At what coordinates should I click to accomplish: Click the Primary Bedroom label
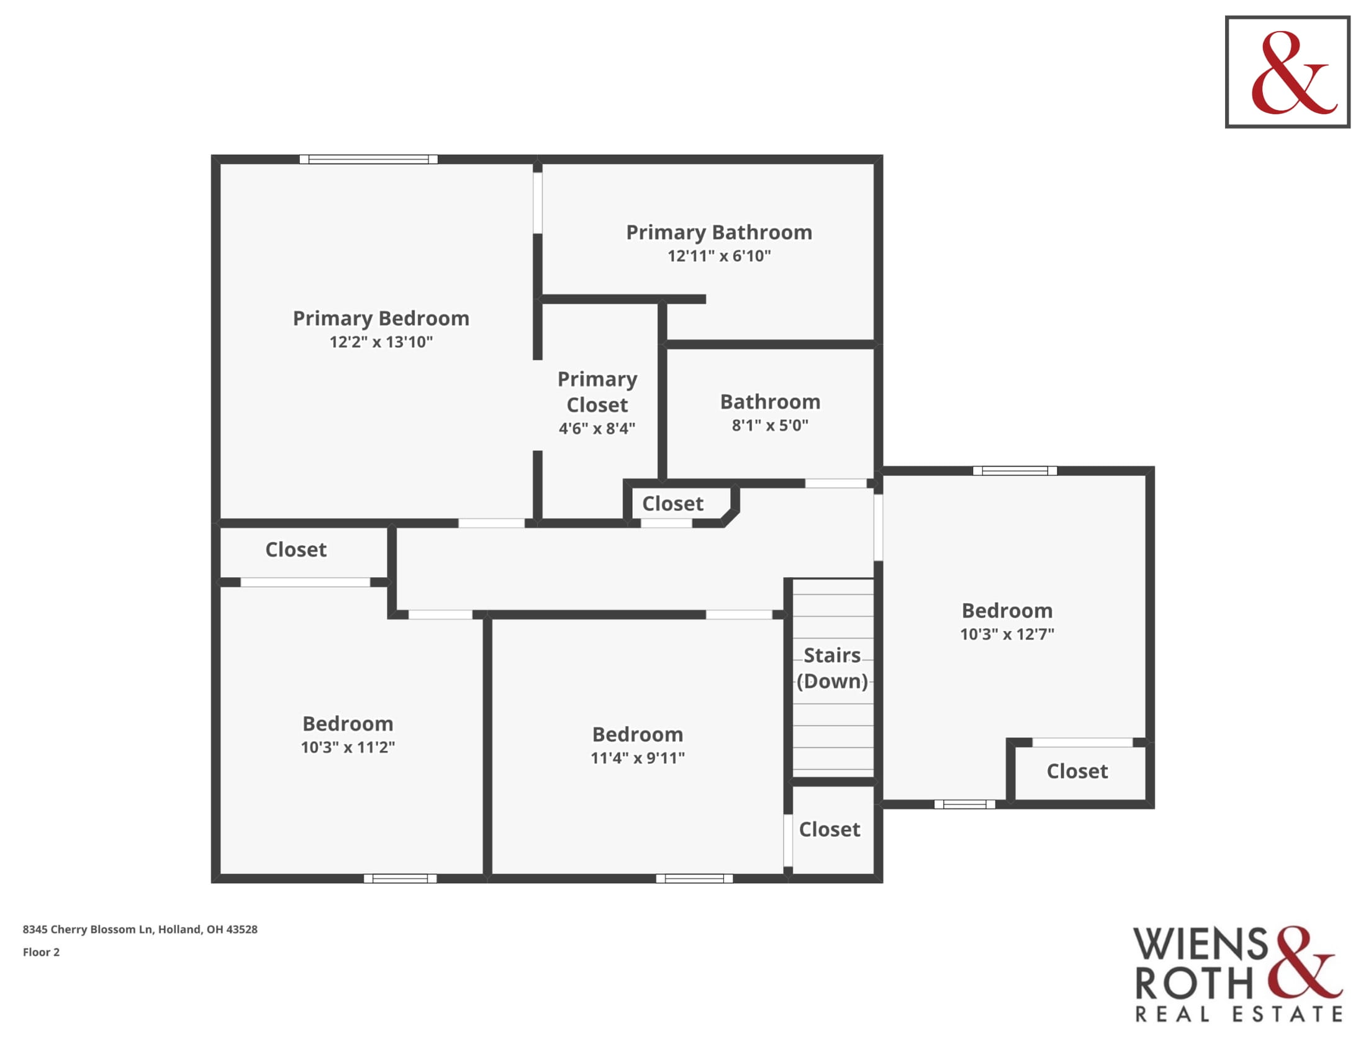tap(381, 319)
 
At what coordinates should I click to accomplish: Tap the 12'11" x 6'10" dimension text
tap(719, 256)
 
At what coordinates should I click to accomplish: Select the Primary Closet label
tap(597, 391)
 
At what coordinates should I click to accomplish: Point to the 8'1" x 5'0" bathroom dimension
tap(770, 426)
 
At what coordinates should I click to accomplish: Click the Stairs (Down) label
tap(833, 668)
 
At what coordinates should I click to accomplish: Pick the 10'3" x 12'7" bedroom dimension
tap(1007, 634)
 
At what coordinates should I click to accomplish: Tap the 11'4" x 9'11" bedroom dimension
tap(638, 758)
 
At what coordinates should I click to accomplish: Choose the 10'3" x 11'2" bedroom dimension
tap(348, 747)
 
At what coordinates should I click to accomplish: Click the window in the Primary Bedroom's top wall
tap(368, 160)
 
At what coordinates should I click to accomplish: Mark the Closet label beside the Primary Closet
tap(673, 504)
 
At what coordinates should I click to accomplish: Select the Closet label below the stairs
tap(830, 829)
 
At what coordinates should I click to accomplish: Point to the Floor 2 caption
tap(41, 952)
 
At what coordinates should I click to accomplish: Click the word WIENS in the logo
tap(1201, 944)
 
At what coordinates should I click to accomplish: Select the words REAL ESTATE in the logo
tap(1239, 1014)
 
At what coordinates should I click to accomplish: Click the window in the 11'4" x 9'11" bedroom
tap(694, 879)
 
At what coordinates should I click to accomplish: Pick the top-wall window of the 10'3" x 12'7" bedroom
tap(1015, 471)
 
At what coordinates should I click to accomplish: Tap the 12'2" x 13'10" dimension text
tap(381, 342)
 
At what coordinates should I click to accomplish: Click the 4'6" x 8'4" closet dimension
tap(597, 429)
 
